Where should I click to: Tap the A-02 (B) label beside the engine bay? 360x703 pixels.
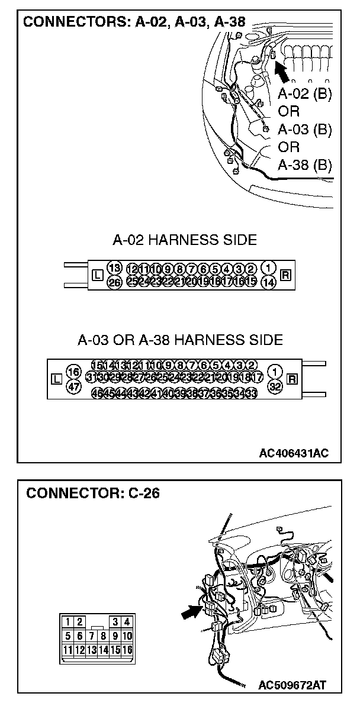point(304,94)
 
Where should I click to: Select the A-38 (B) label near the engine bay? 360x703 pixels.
point(304,165)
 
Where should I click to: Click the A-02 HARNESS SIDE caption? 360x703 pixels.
point(185,240)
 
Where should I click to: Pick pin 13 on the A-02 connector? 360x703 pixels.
point(114,268)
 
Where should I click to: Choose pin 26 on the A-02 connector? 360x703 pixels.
point(114,282)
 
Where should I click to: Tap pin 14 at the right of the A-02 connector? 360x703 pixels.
point(268,282)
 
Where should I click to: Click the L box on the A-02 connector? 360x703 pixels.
point(98,275)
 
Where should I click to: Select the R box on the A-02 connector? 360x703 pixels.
point(285,275)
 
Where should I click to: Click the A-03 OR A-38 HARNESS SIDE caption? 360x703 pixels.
point(180,340)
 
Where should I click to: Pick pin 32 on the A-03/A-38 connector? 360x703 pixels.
point(274,386)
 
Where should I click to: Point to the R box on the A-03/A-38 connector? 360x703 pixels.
point(291,379)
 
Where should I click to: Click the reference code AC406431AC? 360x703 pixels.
point(293,453)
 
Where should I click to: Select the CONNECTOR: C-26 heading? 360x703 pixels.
point(93,493)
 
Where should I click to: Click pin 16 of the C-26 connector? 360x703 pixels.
point(127,650)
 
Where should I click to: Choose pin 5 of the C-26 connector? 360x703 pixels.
point(69,636)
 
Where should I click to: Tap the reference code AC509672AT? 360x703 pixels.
point(292,685)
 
